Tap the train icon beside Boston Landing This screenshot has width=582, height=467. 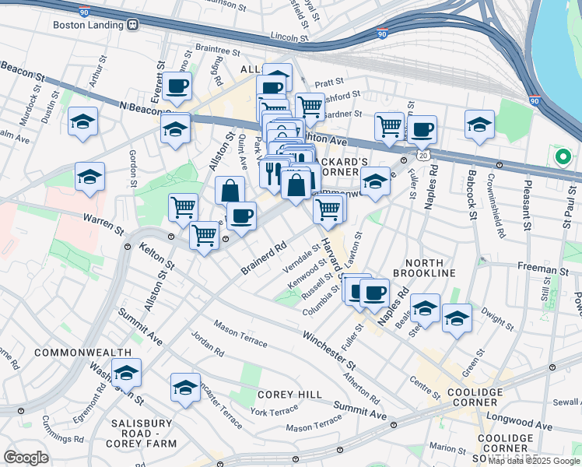coord(133,24)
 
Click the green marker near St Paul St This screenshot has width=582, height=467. coord(563,156)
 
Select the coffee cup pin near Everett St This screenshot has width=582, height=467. coord(177,86)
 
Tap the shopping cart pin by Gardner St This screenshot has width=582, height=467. coord(310,106)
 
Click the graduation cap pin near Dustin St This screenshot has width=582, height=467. coord(82,122)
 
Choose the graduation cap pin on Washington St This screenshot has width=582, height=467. coord(126,374)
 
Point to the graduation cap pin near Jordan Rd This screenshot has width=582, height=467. coord(185,388)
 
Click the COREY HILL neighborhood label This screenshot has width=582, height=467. coord(289,395)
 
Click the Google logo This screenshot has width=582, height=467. coord(26,458)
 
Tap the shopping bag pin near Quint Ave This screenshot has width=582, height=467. coord(230,190)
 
